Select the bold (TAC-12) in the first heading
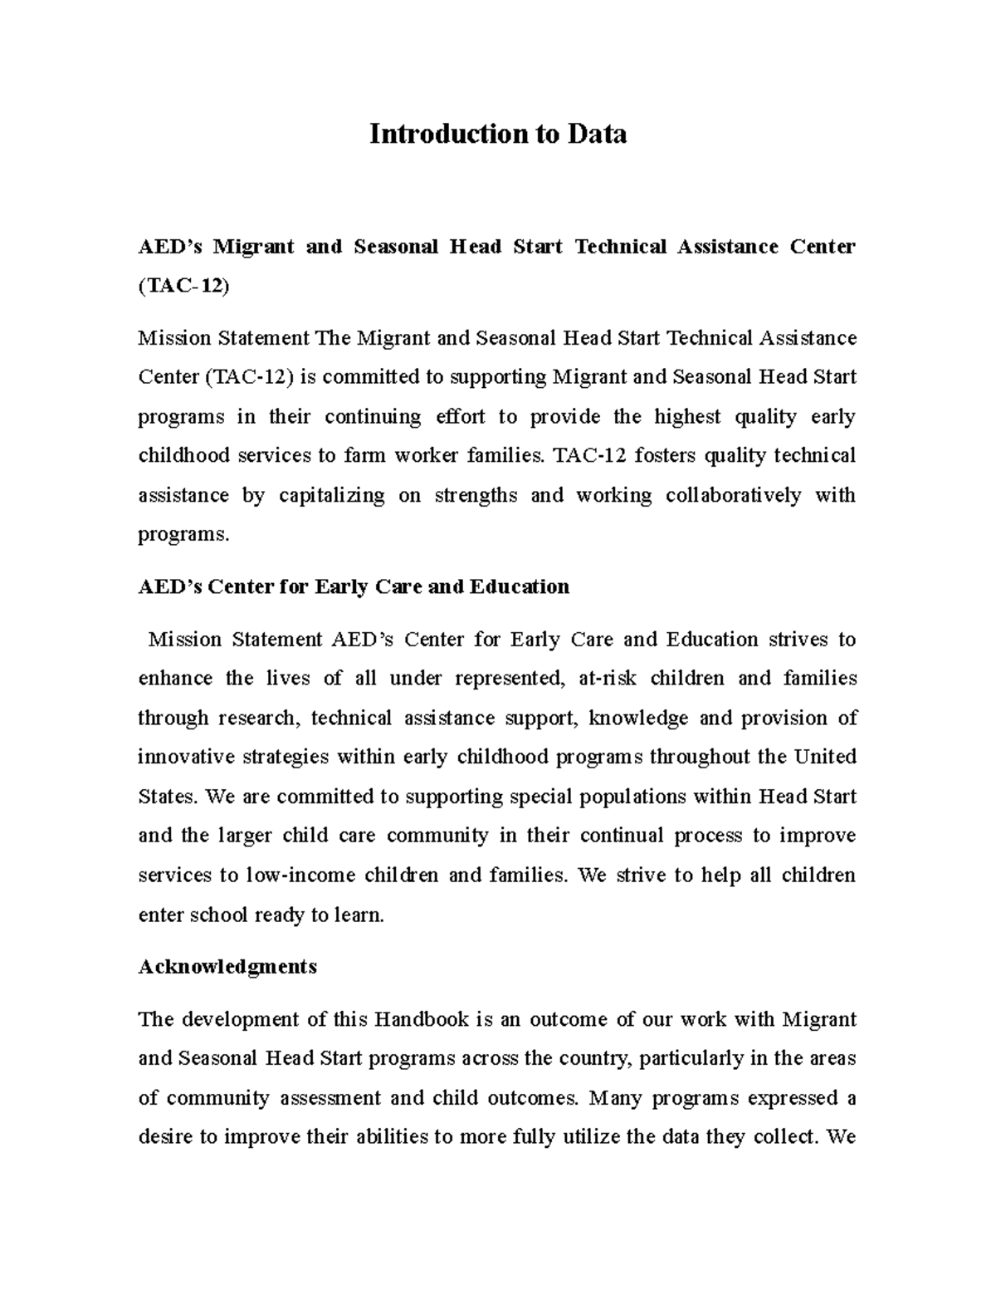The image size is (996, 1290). [x=184, y=286]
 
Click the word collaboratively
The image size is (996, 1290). [x=733, y=496]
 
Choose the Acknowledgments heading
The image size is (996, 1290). [x=227, y=967]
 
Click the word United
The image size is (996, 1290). [x=825, y=757]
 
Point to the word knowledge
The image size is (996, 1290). [x=638, y=718]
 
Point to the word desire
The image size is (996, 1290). [x=165, y=1137]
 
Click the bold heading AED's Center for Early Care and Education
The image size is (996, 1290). [x=354, y=587]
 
